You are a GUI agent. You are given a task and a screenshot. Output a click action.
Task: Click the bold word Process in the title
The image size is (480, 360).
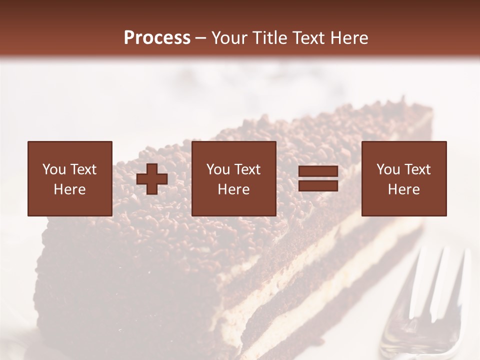click(x=157, y=38)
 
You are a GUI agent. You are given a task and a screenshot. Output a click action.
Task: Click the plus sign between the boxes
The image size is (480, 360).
click(x=152, y=179)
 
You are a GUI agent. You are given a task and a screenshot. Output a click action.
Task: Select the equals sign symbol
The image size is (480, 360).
click(x=318, y=178)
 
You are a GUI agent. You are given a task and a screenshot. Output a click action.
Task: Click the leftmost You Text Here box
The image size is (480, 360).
click(x=70, y=178)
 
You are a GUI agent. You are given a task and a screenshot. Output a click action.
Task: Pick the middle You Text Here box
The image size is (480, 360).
click(x=233, y=178)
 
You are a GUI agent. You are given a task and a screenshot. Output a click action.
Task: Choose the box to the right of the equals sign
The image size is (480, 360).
click(x=404, y=178)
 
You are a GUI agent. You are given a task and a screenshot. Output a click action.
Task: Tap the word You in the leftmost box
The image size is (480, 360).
click(x=53, y=169)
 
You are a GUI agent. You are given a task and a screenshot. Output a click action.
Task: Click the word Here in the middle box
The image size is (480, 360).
click(x=233, y=189)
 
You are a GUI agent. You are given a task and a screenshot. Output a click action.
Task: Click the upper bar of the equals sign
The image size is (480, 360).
click(x=318, y=171)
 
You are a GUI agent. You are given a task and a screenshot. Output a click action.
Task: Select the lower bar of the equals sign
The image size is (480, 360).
click(x=318, y=185)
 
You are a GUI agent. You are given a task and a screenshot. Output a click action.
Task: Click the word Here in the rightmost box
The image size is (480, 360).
click(x=404, y=189)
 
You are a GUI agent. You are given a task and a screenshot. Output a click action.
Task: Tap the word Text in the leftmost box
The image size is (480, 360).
click(x=83, y=169)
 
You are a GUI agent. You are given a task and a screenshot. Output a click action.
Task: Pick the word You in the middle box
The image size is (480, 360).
click(x=217, y=169)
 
